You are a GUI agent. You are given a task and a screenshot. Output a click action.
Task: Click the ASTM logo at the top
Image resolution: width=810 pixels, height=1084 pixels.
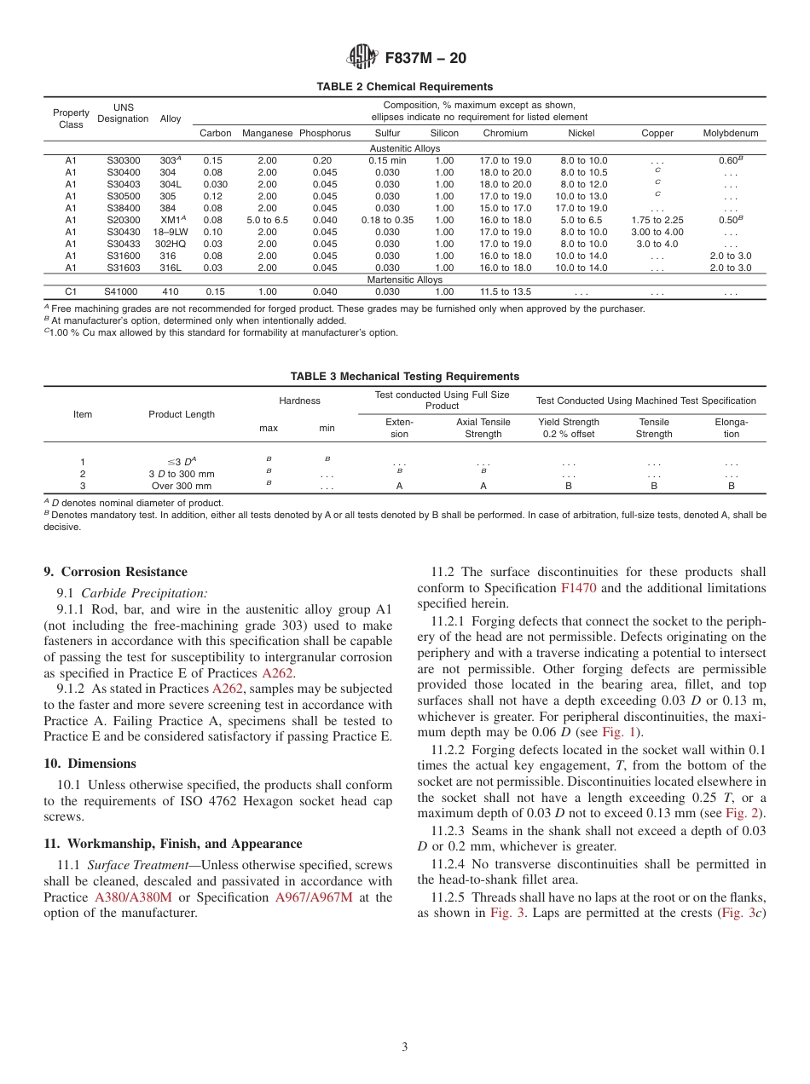point(362,58)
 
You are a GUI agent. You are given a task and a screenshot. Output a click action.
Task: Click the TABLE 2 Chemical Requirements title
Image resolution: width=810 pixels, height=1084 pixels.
point(404,87)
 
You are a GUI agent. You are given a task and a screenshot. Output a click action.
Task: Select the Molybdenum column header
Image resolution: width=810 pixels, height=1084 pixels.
point(730,133)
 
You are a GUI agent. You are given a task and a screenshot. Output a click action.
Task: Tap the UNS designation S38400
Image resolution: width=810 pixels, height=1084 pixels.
point(123,208)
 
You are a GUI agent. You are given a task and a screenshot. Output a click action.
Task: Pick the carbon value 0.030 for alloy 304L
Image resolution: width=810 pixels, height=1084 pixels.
point(216,184)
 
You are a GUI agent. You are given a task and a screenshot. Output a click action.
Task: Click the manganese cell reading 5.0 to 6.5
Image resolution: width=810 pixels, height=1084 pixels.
point(267,220)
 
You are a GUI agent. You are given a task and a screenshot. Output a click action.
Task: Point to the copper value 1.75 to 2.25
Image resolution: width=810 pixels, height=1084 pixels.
point(657,220)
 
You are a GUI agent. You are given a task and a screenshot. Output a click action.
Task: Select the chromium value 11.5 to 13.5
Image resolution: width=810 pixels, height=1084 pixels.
point(505,291)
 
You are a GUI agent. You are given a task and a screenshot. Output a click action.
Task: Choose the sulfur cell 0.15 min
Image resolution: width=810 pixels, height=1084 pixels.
point(387,160)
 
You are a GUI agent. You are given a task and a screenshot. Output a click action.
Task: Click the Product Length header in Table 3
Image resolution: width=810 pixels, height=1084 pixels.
point(182,414)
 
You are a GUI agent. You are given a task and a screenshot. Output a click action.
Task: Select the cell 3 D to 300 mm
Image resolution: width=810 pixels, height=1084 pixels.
point(182,474)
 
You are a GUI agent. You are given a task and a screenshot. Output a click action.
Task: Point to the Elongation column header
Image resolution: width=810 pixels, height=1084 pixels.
point(731,428)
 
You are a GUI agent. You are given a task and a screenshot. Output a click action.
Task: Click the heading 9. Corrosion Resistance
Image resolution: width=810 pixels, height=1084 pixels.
point(115,572)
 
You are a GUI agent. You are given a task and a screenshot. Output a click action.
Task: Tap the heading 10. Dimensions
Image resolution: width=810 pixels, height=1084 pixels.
point(90,764)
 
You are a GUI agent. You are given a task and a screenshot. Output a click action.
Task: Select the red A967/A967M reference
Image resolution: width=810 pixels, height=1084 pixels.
point(313,897)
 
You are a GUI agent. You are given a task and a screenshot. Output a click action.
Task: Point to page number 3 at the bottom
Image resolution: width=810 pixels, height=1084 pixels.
point(404,1047)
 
